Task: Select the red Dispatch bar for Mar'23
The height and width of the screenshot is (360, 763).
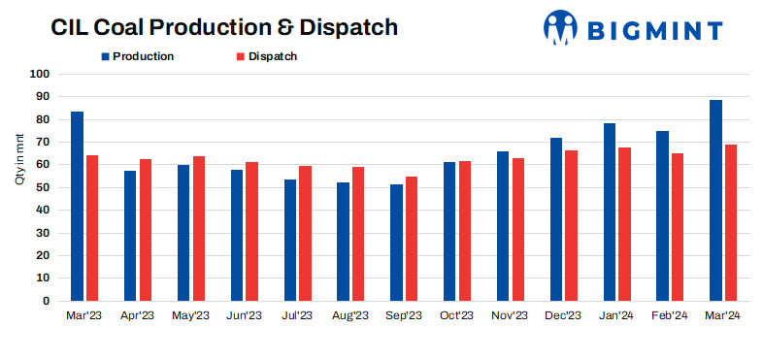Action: [92, 228]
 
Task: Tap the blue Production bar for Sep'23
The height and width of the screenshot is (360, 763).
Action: [396, 243]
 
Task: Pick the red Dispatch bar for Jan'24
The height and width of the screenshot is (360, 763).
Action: [625, 224]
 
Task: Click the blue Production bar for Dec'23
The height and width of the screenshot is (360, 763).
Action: [556, 219]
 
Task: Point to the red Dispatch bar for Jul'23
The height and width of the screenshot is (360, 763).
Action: [305, 233]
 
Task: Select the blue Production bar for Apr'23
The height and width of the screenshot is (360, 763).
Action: [130, 236]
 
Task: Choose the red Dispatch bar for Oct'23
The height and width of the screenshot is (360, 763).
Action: [465, 231]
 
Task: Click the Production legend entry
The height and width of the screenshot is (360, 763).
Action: [136, 56]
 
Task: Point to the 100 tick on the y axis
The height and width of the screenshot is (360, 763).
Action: [40, 74]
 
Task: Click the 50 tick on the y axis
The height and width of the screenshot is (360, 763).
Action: [43, 187]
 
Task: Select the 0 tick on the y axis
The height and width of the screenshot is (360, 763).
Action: [46, 301]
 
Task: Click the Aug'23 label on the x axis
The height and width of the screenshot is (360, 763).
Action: [350, 315]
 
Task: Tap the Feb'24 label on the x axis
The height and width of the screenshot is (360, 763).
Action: [670, 315]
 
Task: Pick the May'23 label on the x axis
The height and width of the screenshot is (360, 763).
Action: [190, 315]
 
